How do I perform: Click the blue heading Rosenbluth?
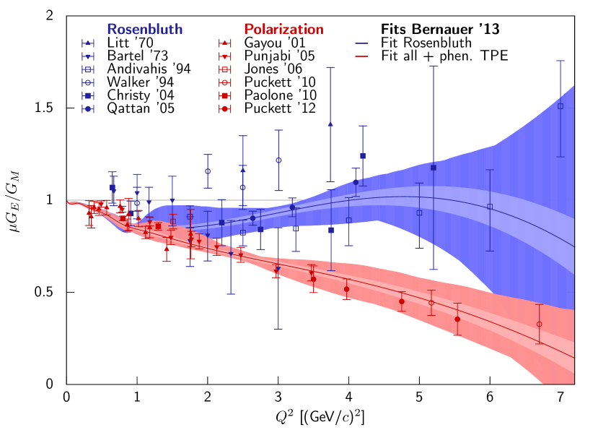(144, 30)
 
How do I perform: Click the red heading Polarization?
(283, 30)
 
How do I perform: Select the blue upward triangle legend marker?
(88, 43)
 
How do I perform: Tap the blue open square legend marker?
(88, 69)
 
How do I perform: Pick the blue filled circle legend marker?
(88, 108)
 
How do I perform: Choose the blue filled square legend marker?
(88, 95)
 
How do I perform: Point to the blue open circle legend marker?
(88, 82)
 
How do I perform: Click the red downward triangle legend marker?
(225, 56)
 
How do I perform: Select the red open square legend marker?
(225, 69)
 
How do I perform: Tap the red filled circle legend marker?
(225, 108)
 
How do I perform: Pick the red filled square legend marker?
(225, 95)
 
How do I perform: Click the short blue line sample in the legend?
(361, 43)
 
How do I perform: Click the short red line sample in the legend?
(361, 56)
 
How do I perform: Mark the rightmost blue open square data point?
(560, 106)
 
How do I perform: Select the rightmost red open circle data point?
(539, 324)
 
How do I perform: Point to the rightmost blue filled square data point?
(434, 168)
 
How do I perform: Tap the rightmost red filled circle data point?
(457, 319)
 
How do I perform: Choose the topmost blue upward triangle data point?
(330, 124)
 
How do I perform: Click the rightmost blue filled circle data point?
(355, 182)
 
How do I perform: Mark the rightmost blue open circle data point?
(278, 160)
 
